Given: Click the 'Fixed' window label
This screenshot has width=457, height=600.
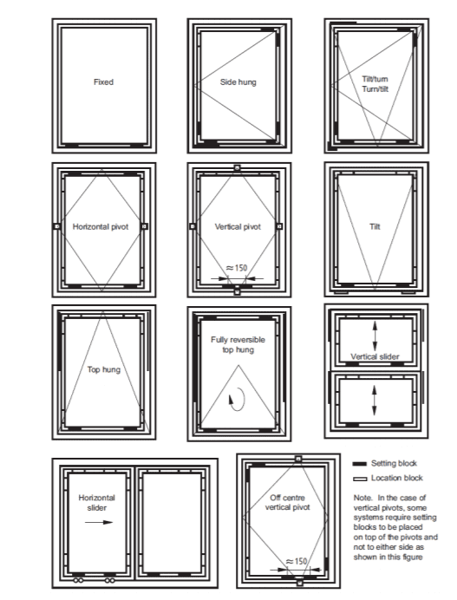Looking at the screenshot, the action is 103,82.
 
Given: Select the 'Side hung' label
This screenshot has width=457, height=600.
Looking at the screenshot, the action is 238,82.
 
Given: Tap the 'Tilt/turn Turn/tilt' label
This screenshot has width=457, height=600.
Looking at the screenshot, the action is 375,84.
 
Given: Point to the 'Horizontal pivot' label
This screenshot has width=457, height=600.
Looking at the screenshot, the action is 101,226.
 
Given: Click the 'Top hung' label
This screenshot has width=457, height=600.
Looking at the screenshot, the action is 104,369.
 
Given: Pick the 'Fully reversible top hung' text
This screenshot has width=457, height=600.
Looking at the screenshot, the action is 238,344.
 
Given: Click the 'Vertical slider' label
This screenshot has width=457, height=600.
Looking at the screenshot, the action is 375,356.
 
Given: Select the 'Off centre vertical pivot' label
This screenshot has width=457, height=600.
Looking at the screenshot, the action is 287,502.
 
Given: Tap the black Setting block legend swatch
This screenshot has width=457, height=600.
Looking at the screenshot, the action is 360,464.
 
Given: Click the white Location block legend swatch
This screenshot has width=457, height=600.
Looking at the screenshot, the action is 360,479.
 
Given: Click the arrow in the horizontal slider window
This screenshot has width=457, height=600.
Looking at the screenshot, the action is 99,522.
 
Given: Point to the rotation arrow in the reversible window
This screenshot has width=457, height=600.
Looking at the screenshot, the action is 238,399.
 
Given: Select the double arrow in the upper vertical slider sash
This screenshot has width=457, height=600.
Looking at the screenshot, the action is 375,336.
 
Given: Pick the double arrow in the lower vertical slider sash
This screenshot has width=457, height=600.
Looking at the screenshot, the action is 375,401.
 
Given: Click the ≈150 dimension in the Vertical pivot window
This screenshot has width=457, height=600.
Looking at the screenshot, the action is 237,268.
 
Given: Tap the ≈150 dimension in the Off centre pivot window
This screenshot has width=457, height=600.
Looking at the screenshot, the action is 297,561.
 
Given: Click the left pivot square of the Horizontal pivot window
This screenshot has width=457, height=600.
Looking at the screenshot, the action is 56,226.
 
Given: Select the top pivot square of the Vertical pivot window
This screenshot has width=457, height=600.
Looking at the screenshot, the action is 237,167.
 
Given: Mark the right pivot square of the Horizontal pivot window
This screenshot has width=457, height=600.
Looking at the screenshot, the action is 144,226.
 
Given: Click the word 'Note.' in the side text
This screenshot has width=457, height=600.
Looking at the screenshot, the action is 362,498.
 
